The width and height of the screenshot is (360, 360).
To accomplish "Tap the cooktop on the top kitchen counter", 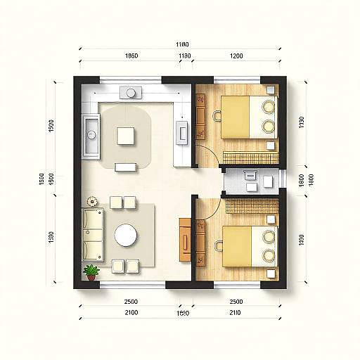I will tap(131, 92).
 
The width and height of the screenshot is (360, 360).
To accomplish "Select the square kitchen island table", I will tap(127, 134).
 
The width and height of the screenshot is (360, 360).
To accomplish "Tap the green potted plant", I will tap(91, 272).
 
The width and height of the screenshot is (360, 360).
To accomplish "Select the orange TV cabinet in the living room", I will tap(185, 240).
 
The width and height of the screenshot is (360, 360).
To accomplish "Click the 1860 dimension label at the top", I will tap(131, 56).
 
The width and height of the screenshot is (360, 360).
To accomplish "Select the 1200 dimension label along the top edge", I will tap(236, 56).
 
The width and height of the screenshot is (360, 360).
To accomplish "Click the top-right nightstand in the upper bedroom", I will tap(271, 90).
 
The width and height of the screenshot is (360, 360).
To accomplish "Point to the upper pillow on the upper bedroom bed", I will tap(267, 107).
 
